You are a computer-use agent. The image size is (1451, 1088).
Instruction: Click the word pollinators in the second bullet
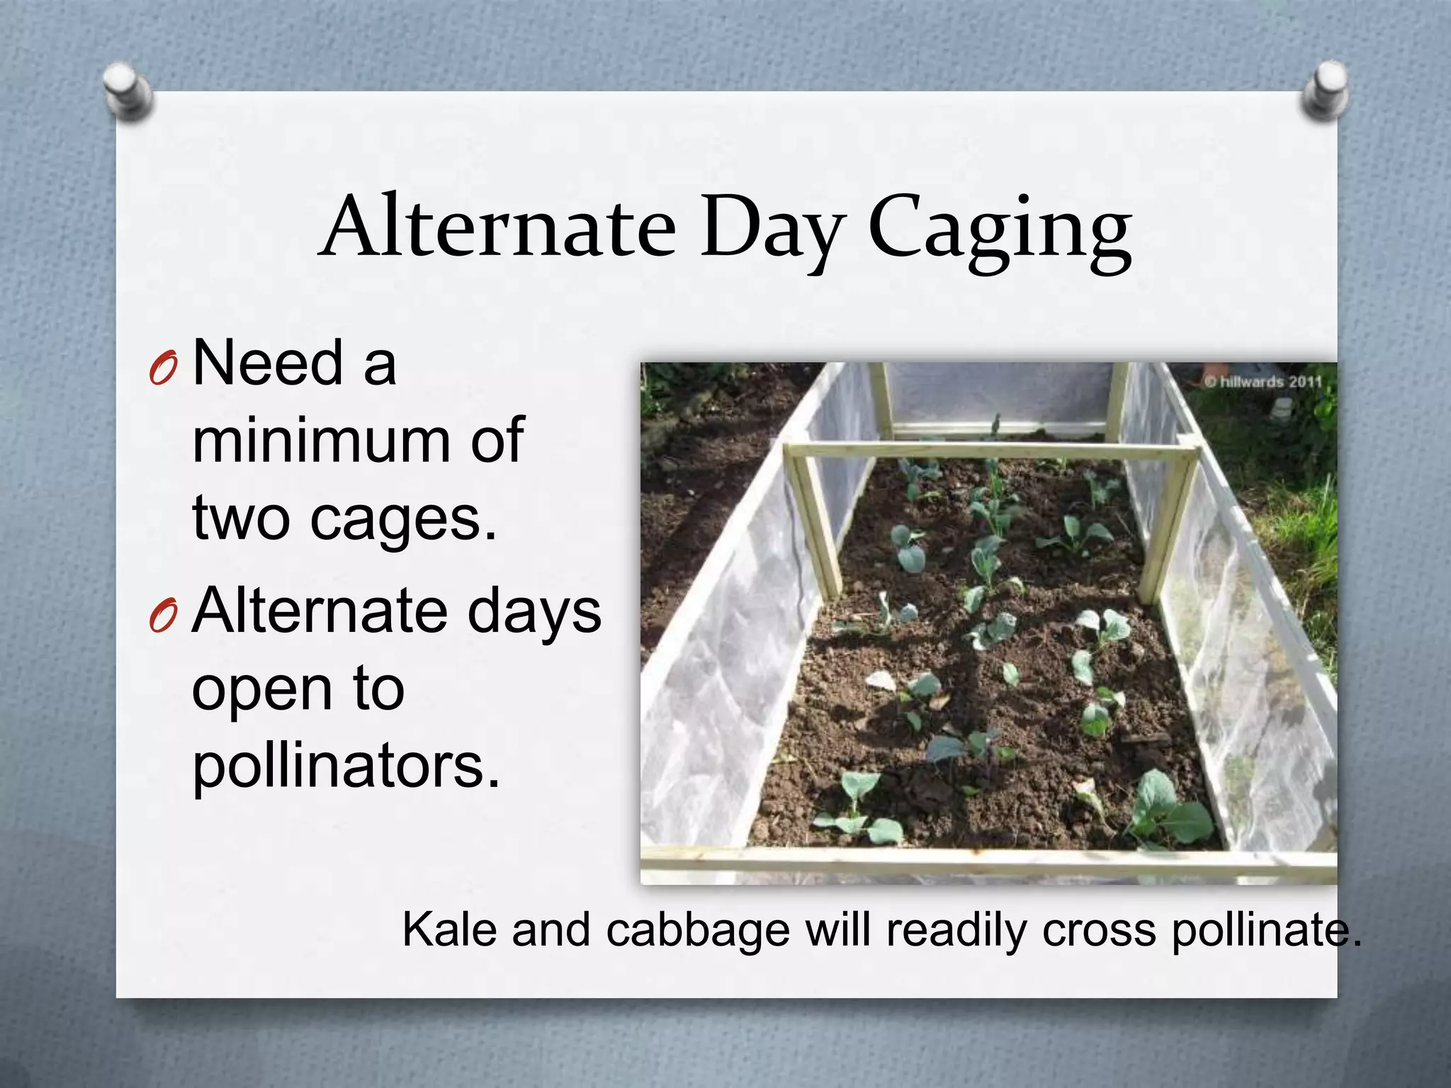coord(346,767)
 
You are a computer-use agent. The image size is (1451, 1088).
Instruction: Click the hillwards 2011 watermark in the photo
coord(1263,382)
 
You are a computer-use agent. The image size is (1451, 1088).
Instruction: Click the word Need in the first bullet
coord(268,363)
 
